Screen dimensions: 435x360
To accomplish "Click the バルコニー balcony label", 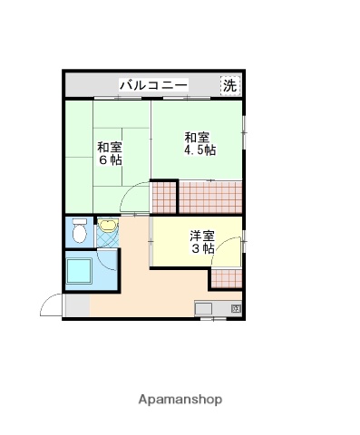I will click(x=152, y=86).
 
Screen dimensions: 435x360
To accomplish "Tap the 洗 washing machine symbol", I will click(x=230, y=86).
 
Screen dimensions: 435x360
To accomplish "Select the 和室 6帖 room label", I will click(x=110, y=153).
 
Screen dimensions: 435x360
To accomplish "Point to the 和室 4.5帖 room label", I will click(x=199, y=144).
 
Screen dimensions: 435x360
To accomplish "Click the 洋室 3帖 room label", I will click(x=201, y=243).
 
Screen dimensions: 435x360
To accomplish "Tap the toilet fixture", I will click(x=79, y=234).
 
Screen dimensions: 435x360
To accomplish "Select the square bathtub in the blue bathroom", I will click(x=81, y=271).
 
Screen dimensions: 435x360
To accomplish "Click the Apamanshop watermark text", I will click(x=180, y=399).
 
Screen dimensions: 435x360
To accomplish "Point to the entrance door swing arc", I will click(x=51, y=307).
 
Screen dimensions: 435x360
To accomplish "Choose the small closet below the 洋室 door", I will click(x=227, y=275).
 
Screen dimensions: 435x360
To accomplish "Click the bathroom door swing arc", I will click(x=110, y=262).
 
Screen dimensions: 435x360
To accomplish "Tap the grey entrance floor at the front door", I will click(x=76, y=307).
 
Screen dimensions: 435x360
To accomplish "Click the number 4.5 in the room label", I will click(x=191, y=151).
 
